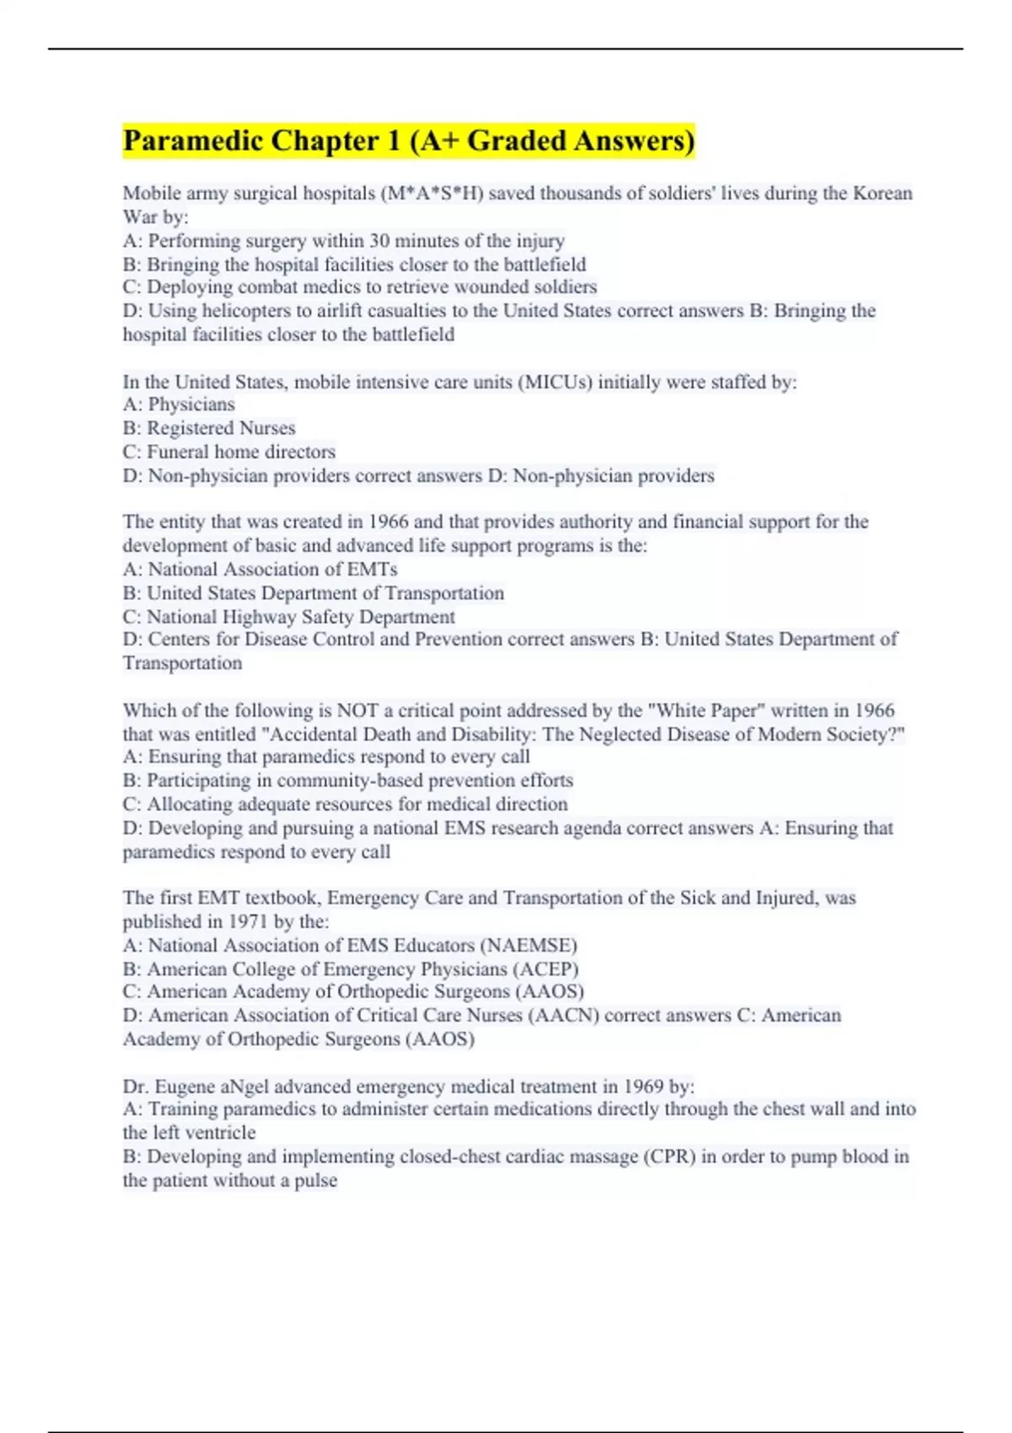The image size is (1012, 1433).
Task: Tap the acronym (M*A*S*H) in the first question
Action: click(x=433, y=194)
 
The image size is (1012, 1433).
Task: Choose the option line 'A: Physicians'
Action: click(x=179, y=405)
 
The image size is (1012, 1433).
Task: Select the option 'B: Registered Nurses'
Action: click(x=209, y=428)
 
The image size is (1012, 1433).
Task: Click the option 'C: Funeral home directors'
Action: click(x=229, y=452)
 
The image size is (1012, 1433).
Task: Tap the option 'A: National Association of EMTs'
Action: click(x=260, y=570)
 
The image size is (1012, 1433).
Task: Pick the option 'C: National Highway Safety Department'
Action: click(x=288, y=617)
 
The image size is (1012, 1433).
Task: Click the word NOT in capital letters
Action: click(x=357, y=711)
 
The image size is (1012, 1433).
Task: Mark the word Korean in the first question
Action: click(x=883, y=194)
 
